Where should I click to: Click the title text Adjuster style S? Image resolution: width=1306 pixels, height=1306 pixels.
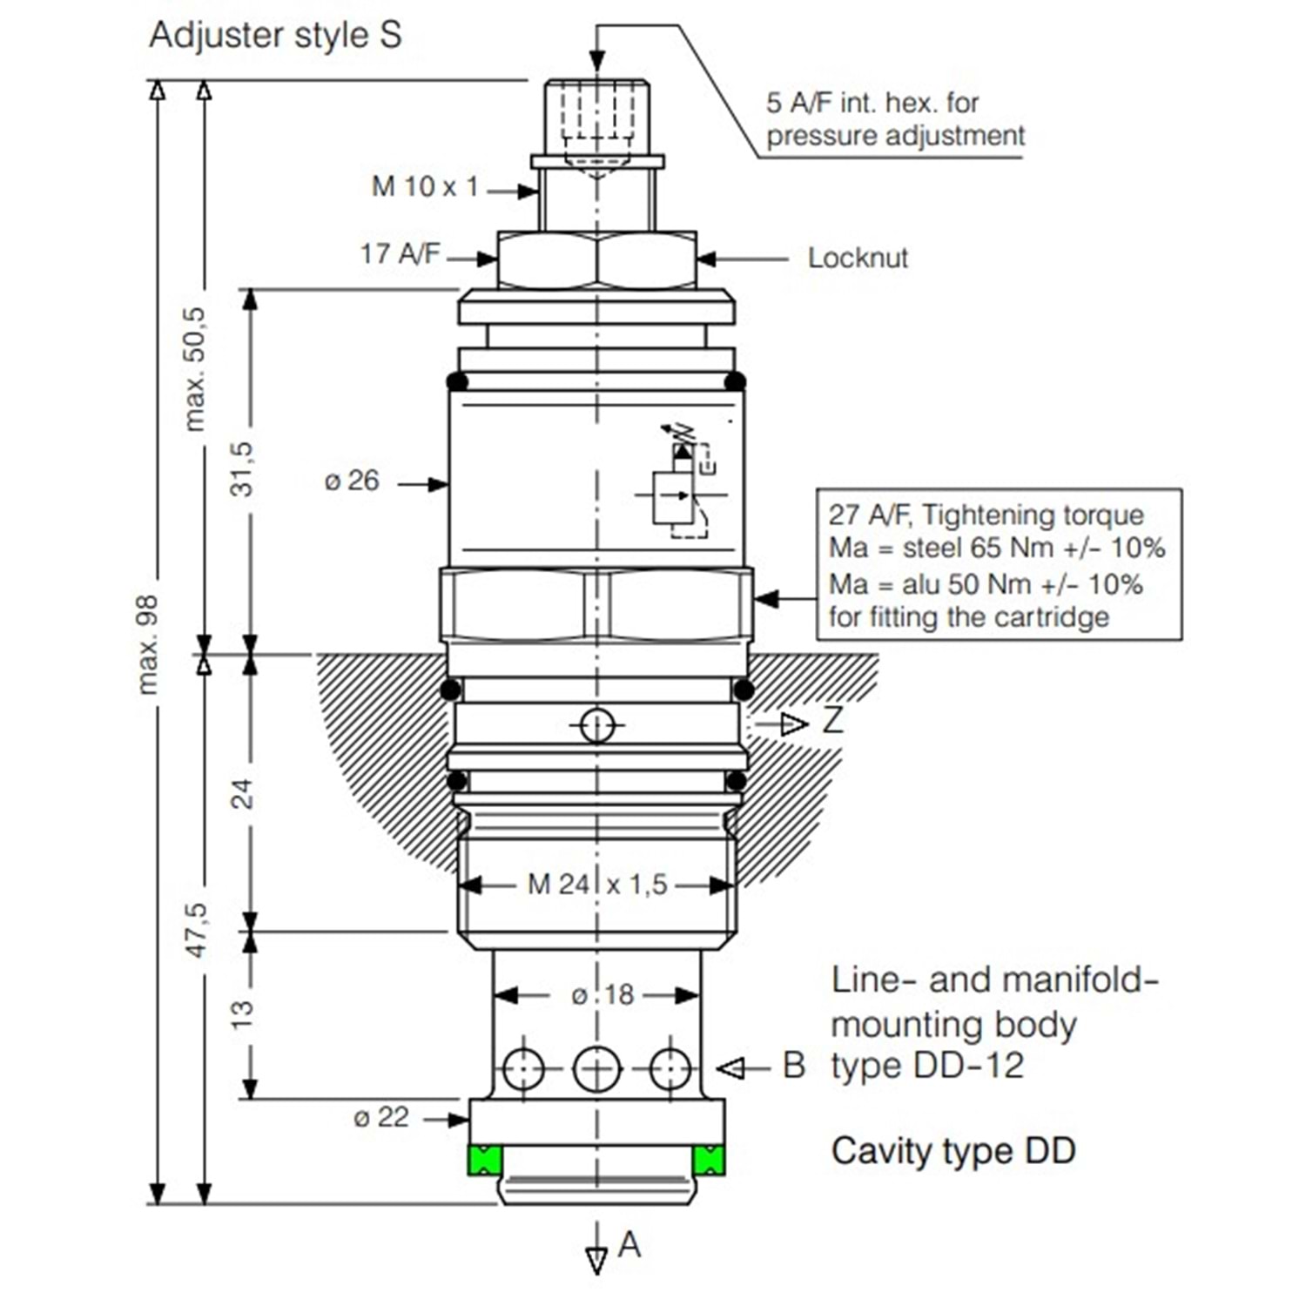pyautogui.click(x=275, y=36)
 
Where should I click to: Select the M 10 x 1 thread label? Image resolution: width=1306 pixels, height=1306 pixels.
pyautogui.click(x=425, y=186)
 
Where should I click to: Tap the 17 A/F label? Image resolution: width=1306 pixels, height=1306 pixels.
pyautogui.click(x=400, y=254)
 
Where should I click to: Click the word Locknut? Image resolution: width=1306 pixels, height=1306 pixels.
pyautogui.click(x=858, y=258)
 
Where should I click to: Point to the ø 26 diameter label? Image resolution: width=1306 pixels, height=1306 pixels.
pyautogui.click(x=352, y=481)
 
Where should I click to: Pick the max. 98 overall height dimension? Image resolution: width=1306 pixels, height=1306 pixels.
pyautogui.click(x=149, y=644)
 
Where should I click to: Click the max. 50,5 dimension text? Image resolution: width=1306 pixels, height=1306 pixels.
pyautogui.click(x=195, y=369)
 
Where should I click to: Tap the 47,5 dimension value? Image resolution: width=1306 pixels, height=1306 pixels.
pyautogui.click(x=197, y=930)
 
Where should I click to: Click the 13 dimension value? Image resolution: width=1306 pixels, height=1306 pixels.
pyautogui.click(x=241, y=1014)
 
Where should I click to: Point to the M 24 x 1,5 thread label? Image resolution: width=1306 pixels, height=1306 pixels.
pyautogui.click(x=597, y=885)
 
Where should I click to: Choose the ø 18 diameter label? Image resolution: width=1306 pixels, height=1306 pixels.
pyautogui.click(x=603, y=994)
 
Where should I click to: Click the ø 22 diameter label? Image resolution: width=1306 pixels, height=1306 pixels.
pyautogui.click(x=381, y=1117)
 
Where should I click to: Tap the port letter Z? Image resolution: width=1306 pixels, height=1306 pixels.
pyautogui.click(x=832, y=721)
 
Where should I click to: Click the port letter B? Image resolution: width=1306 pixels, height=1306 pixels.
pyautogui.click(x=793, y=1066)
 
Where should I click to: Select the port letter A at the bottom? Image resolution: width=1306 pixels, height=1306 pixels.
pyautogui.click(x=629, y=1245)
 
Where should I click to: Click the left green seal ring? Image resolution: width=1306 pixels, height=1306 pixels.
pyautogui.click(x=485, y=1160)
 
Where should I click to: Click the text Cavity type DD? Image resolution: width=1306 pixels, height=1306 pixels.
pyautogui.click(x=953, y=1151)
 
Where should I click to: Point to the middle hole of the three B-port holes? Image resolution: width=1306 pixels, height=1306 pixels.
pyautogui.click(x=597, y=1068)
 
